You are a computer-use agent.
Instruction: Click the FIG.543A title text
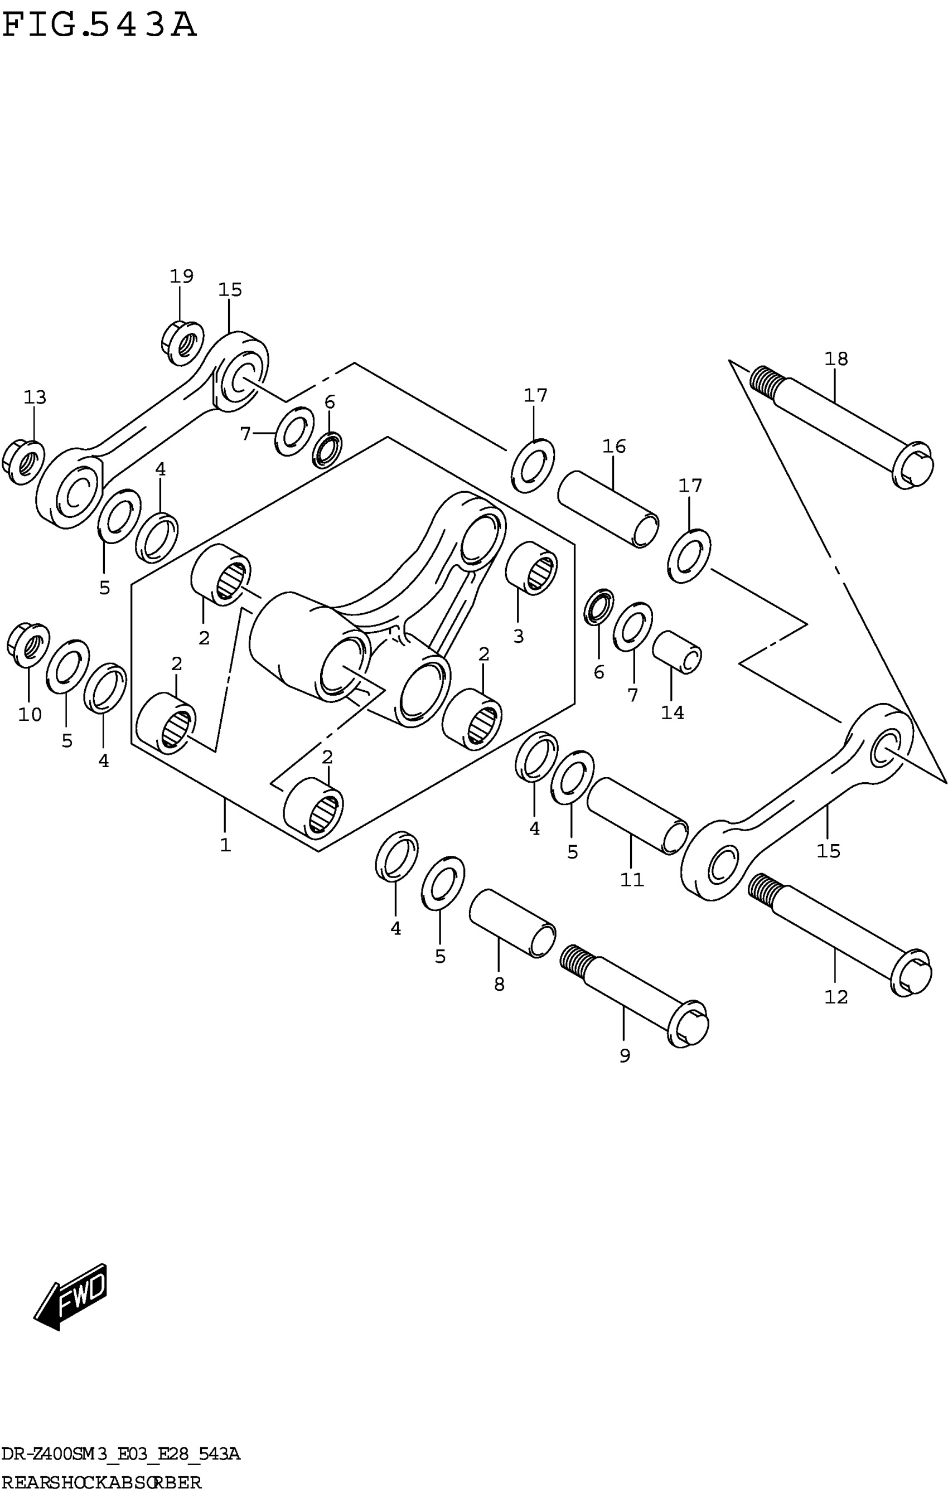tap(99, 27)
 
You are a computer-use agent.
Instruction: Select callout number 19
tap(182, 277)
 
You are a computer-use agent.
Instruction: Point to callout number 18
tap(836, 359)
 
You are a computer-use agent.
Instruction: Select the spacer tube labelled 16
tap(608, 509)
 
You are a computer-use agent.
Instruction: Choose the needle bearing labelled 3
tap(531, 568)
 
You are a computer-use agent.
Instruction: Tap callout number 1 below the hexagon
tap(225, 845)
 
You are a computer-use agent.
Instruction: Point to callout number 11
tap(632, 879)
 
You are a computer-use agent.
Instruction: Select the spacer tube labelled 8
tap(512, 923)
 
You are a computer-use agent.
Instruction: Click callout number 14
tap(672, 713)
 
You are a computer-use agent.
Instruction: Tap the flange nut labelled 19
tap(182, 342)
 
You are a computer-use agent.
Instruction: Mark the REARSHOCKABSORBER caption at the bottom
tap(101, 1482)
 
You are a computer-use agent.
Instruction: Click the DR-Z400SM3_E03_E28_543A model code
tap(120, 1455)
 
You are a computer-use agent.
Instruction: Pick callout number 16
tap(614, 447)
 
